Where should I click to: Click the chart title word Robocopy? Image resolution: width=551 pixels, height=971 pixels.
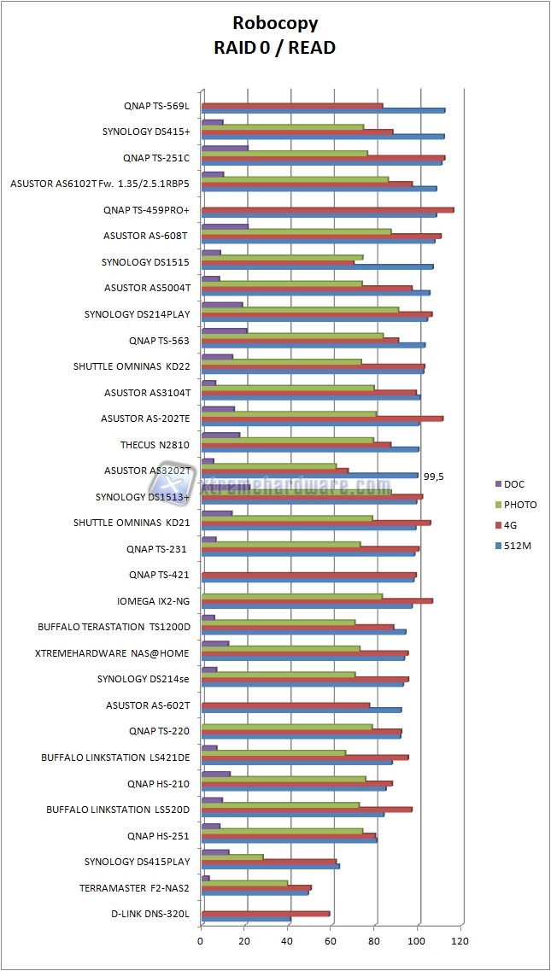[x=274, y=24]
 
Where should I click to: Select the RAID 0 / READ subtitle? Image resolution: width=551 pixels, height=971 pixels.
[x=274, y=48]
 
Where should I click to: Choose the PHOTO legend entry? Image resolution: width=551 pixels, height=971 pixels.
[x=520, y=504]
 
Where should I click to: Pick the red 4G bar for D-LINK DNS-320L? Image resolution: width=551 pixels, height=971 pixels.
[x=265, y=914]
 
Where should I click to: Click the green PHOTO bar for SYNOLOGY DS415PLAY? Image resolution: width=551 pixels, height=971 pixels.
[x=232, y=856]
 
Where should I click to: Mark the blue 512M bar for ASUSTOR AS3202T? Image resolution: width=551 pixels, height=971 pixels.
[x=309, y=476]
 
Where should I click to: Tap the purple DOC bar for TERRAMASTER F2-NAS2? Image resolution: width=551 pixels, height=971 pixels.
[x=205, y=877]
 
